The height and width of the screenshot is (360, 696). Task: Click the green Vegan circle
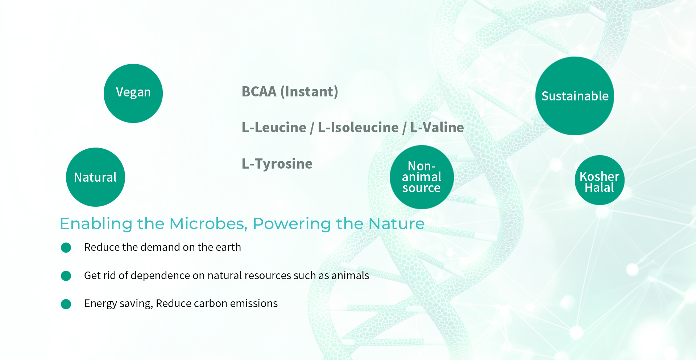[x=133, y=93]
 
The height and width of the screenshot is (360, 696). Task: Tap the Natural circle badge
[x=95, y=177]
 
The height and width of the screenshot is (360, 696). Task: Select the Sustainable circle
[x=575, y=96]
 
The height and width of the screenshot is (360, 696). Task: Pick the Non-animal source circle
[x=422, y=177]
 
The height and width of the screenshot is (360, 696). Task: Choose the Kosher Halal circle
[x=600, y=180]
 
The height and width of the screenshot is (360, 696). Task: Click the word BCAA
[x=259, y=92]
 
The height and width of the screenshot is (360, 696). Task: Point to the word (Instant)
[x=309, y=92]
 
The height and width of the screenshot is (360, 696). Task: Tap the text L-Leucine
[x=274, y=128]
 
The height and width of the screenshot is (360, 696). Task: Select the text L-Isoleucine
[x=358, y=128]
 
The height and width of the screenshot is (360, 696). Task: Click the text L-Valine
[x=437, y=128]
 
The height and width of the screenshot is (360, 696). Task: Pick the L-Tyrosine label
[x=277, y=164]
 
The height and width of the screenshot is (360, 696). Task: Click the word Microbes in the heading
[x=208, y=224]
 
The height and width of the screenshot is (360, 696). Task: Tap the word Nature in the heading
[x=397, y=224]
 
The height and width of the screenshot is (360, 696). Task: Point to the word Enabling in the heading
[x=96, y=224]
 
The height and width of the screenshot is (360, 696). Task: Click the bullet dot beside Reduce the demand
[x=66, y=248]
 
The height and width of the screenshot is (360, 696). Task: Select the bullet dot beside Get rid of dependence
[x=66, y=276]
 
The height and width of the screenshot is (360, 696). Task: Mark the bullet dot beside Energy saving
[x=66, y=304]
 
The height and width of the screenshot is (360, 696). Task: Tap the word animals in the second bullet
[x=350, y=276]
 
